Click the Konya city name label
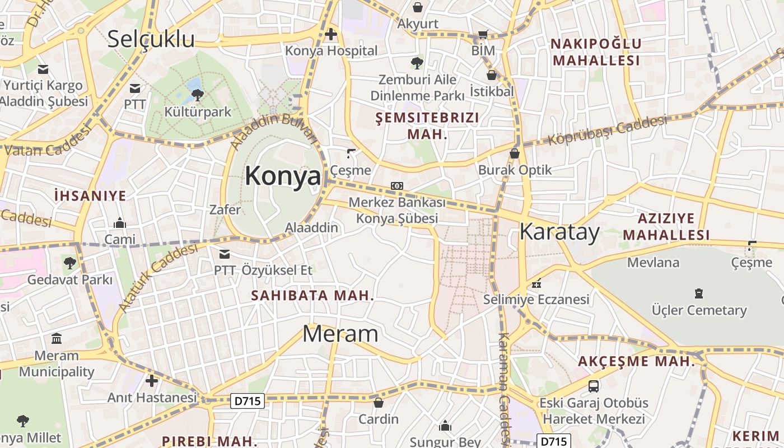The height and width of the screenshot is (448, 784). coord(283,176)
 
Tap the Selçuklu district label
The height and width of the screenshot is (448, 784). coord(151,39)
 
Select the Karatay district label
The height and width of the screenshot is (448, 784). coord(559,232)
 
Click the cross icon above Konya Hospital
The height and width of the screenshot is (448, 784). coord(331,35)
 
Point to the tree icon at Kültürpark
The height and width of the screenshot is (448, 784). coord(197,95)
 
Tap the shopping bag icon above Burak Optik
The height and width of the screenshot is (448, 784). coord(515,153)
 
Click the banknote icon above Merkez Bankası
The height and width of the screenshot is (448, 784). coord(397,186)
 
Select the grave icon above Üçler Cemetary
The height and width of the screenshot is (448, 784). coord(698,293)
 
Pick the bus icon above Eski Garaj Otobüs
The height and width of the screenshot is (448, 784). coord(593,386)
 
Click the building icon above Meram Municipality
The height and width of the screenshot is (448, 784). coord(57,339)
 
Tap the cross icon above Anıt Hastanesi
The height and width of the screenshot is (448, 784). coord(152,381)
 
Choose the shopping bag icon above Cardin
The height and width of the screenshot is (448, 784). coord(379,402)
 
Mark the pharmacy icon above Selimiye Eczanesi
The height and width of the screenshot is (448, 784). coord(536,283)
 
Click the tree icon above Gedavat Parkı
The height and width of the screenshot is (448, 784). coord(69,262)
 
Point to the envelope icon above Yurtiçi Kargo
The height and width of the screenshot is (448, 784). coord(43,69)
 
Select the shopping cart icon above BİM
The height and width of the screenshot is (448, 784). coord(483,34)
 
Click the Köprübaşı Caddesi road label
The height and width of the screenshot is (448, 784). coord(608,130)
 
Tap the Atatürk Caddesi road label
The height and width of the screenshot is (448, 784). coord(158,277)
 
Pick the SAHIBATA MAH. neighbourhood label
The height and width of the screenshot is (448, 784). coord(312,295)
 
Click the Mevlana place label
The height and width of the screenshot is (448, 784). coord(653,262)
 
